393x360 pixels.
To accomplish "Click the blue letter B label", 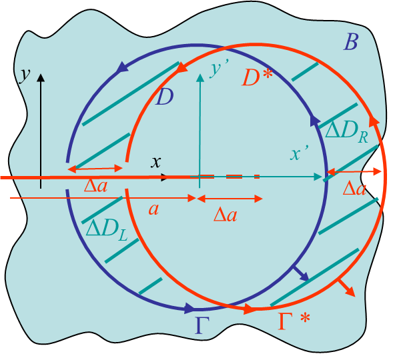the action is pos(351,42).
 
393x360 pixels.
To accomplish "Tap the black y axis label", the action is pos(25,75).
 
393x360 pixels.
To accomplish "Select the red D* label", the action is pos(257,78).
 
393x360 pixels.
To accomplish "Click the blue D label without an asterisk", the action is pos(164,97).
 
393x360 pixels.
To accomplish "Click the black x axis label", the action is pos(155,162).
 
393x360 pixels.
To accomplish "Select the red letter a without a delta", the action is pos(153,209).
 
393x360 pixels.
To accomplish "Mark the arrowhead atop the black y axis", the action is pos(41,77).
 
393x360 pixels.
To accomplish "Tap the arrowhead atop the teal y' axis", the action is pos(200,77).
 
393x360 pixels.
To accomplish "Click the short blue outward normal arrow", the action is pos(301,273).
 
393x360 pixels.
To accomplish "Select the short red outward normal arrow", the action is pos(347,288).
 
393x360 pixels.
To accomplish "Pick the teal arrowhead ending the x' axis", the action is pos(318,177).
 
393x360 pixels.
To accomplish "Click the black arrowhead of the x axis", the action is pos(164,177).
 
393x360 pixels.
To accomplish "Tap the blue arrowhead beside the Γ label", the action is pos(189,309).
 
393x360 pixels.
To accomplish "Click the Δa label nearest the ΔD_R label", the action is pos(354,189).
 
